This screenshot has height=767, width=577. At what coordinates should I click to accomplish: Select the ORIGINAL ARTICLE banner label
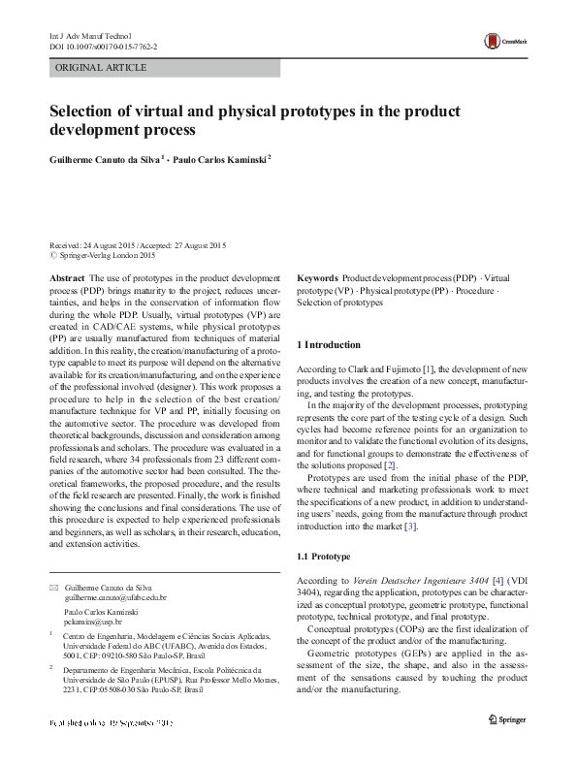click(101, 67)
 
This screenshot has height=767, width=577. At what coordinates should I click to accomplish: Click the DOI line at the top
click(103, 46)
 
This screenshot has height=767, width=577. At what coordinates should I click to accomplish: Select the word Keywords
click(317, 278)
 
